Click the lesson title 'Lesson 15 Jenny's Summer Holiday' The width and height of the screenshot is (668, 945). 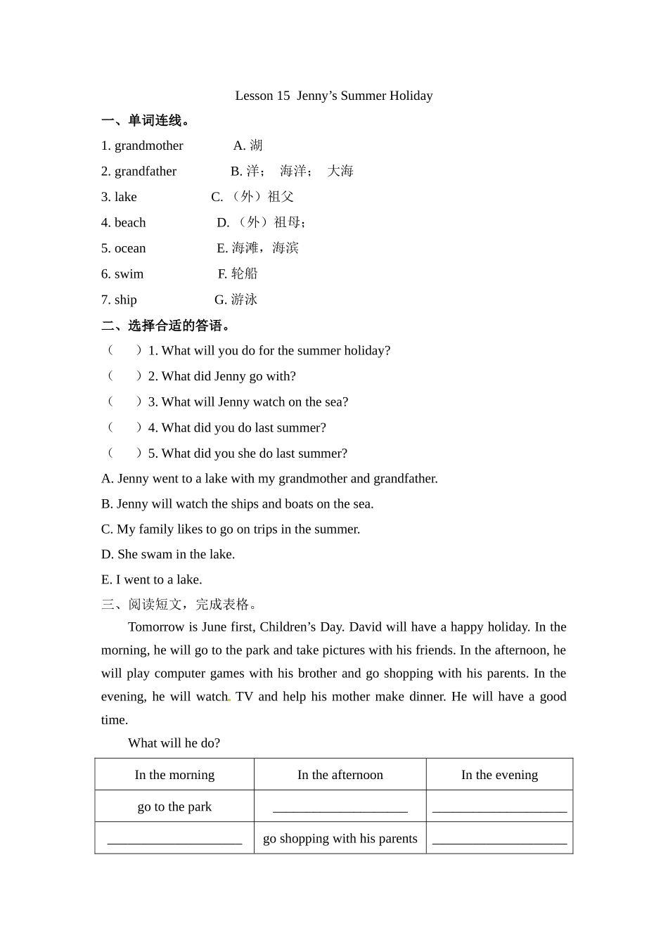point(333,96)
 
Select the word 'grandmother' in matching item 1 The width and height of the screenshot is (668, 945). point(148,146)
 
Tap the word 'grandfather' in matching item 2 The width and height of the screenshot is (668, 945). point(146,172)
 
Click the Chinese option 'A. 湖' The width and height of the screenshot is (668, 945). point(248,146)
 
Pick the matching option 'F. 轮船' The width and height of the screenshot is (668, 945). point(238,274)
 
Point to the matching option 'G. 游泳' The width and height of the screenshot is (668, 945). point(236,300)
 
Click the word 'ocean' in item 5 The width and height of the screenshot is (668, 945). point(130,248)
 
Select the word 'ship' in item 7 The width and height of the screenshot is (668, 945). point(125,300)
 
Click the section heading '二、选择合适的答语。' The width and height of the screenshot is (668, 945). point(166,326)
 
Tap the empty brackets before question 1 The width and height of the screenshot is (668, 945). point(124,350)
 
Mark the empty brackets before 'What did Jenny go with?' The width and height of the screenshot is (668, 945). point(124,376)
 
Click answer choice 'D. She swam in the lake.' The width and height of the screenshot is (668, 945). point(168,554)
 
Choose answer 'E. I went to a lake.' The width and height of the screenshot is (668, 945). point(152,579)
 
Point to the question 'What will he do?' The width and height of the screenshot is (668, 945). point(174,743)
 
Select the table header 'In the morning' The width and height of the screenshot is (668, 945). point(174,775)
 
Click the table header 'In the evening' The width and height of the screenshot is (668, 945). point(499,775)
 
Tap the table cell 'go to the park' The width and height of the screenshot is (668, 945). point(174,806)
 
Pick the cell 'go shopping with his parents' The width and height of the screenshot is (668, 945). point(340,838)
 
